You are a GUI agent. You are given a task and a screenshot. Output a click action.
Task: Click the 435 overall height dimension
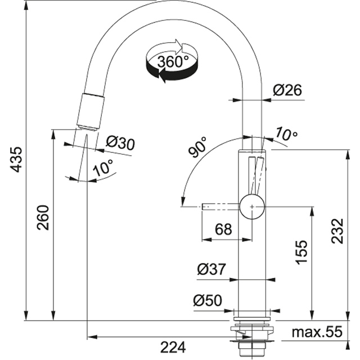click(x=16, y=159)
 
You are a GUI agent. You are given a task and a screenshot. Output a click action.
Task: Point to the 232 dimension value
click(x=337, y=231)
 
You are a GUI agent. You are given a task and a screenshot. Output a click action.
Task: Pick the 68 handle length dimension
click(x=223, y=229)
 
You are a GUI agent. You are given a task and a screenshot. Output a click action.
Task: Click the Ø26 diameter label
click(x=287, y=90)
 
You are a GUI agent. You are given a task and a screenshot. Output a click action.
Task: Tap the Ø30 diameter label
click(x=120, y=143)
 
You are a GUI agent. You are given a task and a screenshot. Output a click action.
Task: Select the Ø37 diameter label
click(x=211, y=270)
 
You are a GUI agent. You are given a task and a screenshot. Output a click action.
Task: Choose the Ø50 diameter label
click(x=207, y=301)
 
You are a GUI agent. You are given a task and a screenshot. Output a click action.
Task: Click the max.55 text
click(x=317, y=332)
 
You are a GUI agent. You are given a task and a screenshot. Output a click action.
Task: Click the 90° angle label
click(x=197, y=147)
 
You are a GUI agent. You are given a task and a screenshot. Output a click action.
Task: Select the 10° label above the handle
click(x=287, y=134)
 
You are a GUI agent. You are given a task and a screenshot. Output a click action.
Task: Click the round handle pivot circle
click(x=251, y=206)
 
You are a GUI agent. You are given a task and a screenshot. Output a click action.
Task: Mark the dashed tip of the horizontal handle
click(x=205, y=207)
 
